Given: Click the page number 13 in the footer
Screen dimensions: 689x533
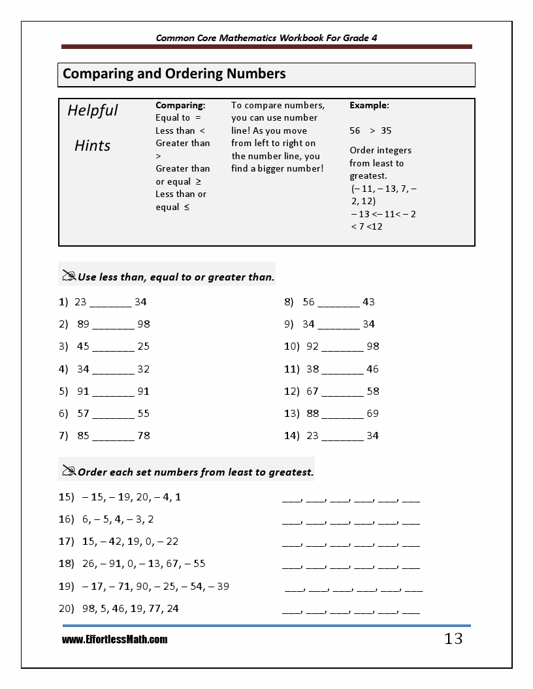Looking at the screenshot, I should click(453, 639).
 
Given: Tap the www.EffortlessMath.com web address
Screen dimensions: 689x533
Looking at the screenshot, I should click(115, 640).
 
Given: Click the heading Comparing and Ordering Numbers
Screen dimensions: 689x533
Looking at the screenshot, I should click(174, 74).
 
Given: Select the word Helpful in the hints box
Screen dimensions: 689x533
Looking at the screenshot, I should click(93, 110).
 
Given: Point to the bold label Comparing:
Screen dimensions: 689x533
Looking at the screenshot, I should click(180, 105).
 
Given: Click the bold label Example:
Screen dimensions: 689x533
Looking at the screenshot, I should click(369, 105).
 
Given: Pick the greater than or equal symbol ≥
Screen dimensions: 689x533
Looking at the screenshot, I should click(198, 181).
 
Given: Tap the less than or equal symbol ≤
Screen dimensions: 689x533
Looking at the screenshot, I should click(186, 207).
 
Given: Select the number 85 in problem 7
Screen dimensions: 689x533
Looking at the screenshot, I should click(83, 435).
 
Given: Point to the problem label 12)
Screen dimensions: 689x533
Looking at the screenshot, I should click(291, 391).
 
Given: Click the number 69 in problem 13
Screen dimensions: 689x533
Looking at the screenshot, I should click(372, 413).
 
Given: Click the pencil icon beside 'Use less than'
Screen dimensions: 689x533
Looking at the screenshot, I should click(69, 276).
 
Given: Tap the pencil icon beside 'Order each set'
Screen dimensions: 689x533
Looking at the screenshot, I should click(69, 470).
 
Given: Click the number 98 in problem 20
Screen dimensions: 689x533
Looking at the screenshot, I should click(88, 608).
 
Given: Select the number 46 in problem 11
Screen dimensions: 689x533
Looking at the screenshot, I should click(372, 369).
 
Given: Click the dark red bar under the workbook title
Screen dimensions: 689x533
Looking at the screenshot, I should click(266, 47).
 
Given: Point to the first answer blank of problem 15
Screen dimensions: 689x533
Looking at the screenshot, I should click(291, 500).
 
